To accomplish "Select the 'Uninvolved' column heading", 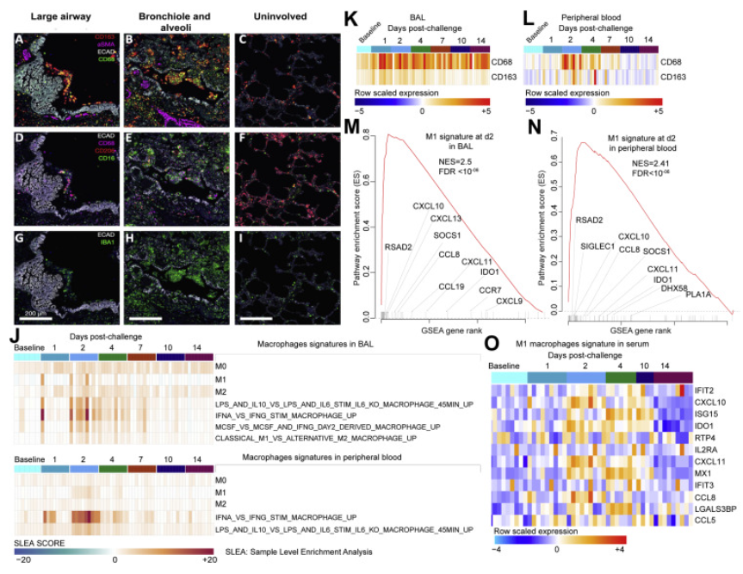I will [263, 16].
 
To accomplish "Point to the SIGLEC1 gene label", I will [597, 246].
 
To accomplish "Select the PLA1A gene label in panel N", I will [698, 295].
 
